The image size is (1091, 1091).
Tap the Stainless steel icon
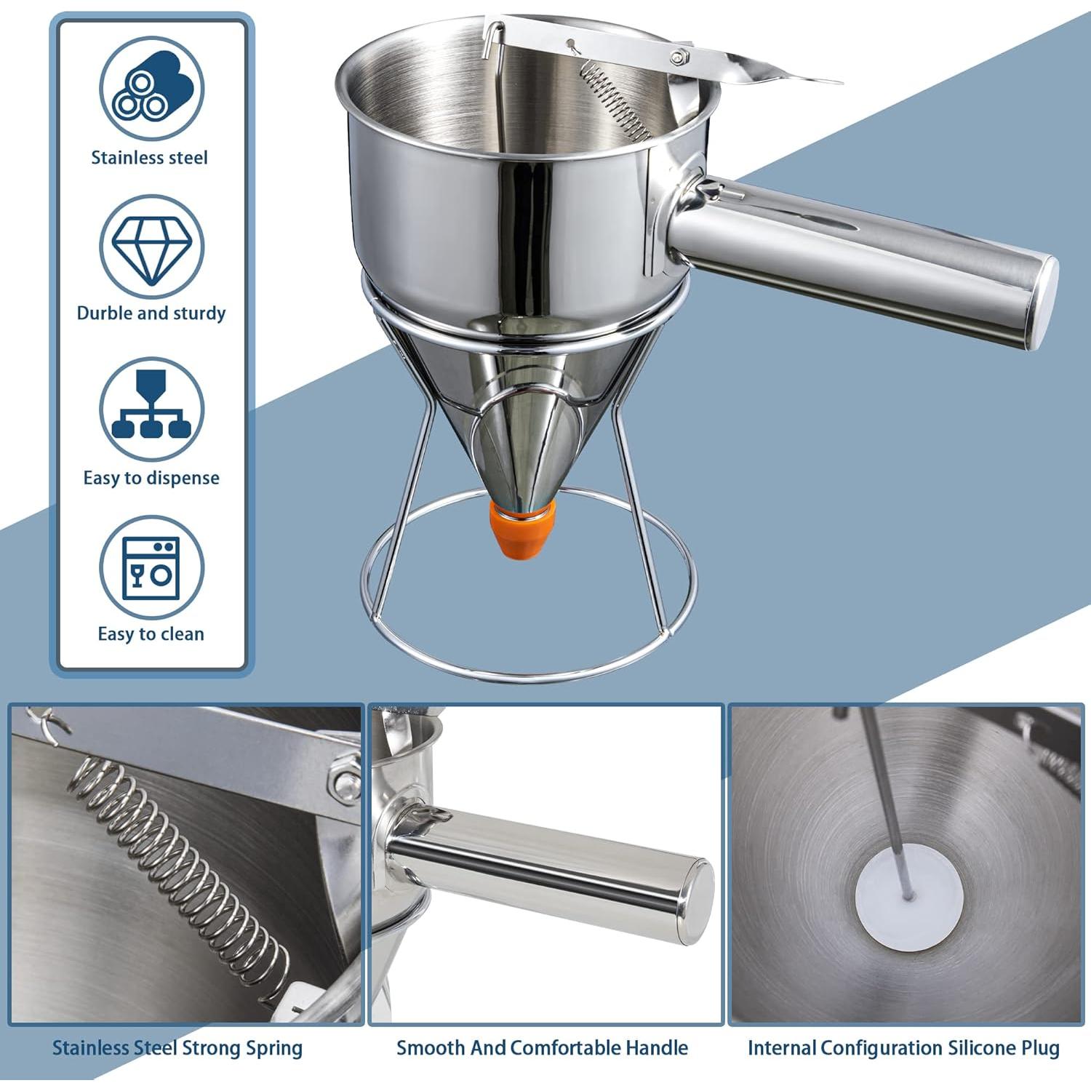pos(151,89)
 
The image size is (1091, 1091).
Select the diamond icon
pos(151,247)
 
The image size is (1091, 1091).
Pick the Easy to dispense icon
pos(151,409)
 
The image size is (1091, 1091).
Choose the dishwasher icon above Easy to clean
pos(151,568)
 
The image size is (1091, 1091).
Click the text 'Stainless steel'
pos(149,158)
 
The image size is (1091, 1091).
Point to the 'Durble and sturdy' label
pos(151,313)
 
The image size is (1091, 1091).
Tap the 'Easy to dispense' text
pos(151,478)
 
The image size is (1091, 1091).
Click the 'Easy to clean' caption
pos(151,634)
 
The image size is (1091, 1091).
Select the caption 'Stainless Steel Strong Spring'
pos(177,1048)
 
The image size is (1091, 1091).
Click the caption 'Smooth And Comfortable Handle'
pos(542,1048)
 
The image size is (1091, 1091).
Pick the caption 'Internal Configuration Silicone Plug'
pos(903,1048)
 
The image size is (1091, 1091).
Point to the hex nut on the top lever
pos(680,56)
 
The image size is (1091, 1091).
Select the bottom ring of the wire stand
pos(529,669)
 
